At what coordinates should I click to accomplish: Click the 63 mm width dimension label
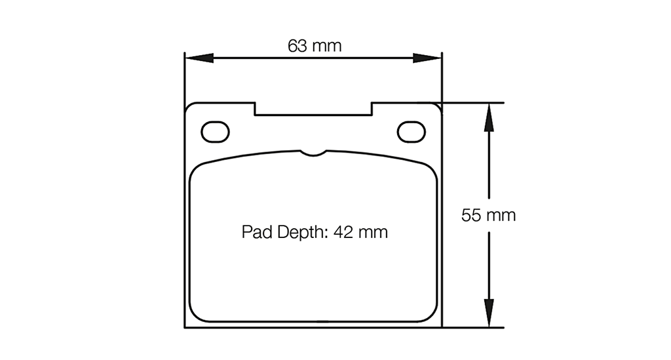click(x=315, y=46)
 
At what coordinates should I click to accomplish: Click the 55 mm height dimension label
click(x=488, y=215)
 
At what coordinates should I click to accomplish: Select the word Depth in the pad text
click(x=299, y=232)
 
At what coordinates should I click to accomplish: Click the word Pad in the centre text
click(x=254, y=232)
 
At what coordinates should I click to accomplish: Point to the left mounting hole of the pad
click(x=216, y=132)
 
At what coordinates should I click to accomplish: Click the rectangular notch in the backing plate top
click(x=313, y=109)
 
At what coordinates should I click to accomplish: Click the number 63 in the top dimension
click(x=297, y=46)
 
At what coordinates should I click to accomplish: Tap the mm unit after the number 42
click(x=373, y=232)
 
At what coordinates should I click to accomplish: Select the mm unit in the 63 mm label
click(x=327, y=46)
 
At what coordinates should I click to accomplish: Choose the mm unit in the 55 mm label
click(x=501, y=215)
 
